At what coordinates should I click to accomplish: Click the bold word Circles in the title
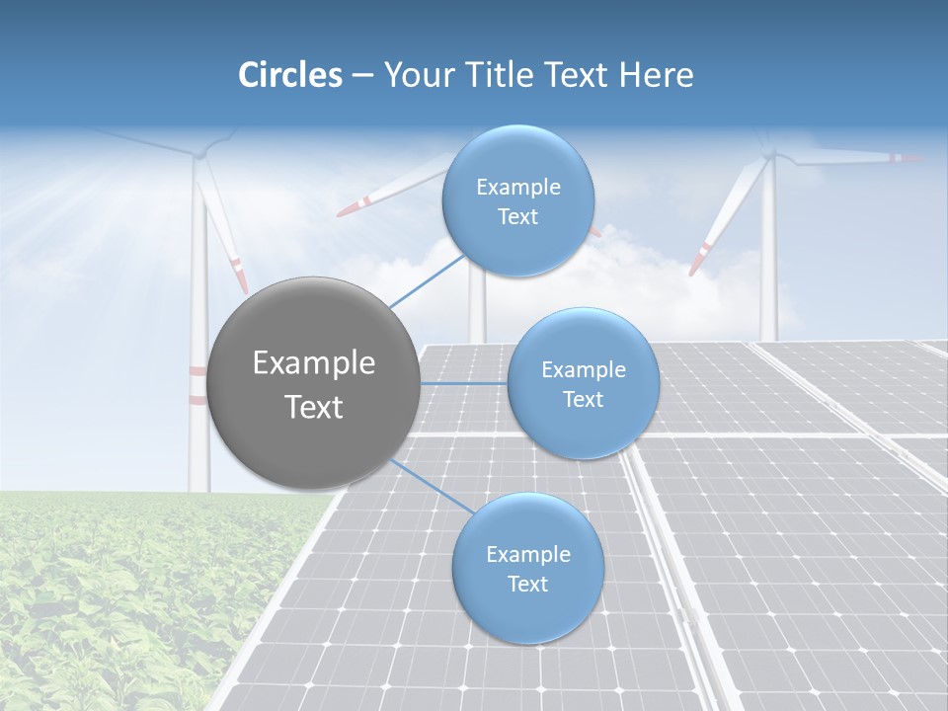coord(290,75)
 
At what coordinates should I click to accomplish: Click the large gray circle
coord(314,382)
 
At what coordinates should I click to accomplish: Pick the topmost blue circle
coord(517,200)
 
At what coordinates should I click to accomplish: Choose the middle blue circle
coord(583,383)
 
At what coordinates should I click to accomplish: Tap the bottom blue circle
coord(527,569)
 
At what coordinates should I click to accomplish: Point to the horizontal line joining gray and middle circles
coord(463,383)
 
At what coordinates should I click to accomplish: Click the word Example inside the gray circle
coord(314,363)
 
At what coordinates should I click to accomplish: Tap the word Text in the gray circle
coord(314,407)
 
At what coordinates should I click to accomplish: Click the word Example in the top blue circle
coord(517,187)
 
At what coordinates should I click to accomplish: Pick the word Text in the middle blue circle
coord(583,399)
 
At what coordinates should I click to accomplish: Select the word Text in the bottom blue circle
coord(527,584)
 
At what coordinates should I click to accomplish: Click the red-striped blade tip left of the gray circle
coord(240,274)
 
